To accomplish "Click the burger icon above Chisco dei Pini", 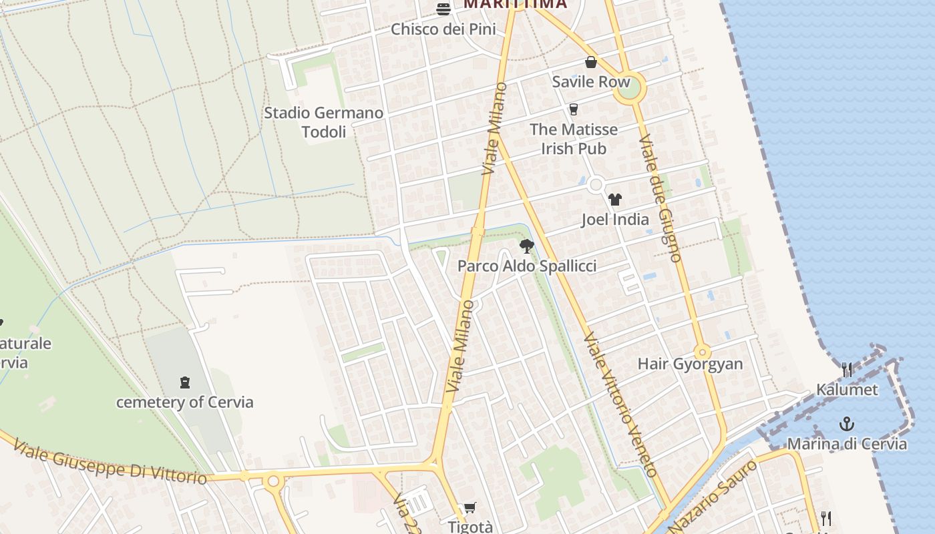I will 443,9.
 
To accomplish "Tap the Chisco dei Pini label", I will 443,29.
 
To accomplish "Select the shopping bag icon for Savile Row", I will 591,63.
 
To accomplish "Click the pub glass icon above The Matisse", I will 573,109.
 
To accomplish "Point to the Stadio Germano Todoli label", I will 324,122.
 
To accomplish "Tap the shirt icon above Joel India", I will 615,200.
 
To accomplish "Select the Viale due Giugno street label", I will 660,198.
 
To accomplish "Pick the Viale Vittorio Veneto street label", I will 620,405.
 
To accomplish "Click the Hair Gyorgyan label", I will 691,364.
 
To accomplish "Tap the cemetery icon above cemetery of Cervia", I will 185,382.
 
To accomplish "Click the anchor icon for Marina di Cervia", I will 847,424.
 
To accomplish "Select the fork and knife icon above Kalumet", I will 847,369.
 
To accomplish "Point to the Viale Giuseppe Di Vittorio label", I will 110,462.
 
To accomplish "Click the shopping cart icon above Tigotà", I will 470,508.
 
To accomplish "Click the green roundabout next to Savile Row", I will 628,88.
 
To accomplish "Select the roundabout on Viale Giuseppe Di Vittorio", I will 272,481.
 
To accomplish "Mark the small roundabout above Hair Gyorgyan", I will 702,352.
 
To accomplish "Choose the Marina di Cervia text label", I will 847,444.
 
